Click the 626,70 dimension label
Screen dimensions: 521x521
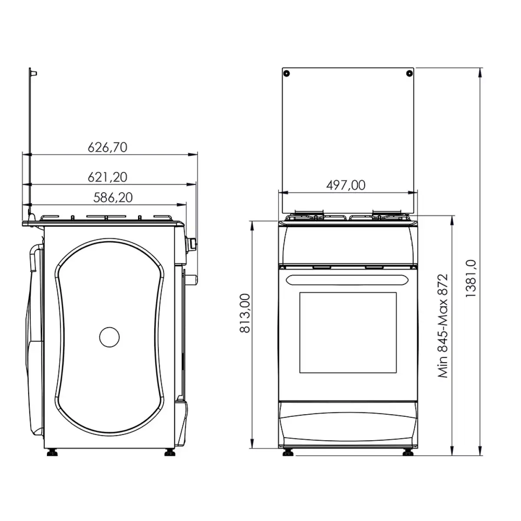(107, 147)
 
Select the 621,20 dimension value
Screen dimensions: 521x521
(107, 177)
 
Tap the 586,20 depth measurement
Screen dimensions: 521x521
(113, 198)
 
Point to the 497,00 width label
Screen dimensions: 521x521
(346, 185)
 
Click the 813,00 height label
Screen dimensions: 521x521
(245, 313)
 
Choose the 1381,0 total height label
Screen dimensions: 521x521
(471, 278)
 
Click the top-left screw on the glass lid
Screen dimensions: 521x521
(287, 73)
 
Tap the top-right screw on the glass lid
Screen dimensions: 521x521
(409, 73)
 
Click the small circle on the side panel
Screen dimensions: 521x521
(109, 337)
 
